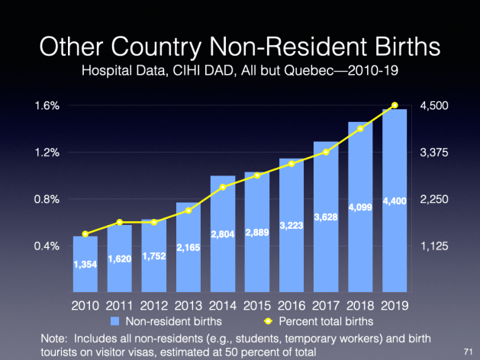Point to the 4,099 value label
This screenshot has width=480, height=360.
(x=360, y=207)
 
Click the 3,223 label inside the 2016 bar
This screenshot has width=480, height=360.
(x=292, y=227)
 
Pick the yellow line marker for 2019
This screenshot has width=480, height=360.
(x=395, y=105)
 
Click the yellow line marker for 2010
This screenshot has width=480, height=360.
(x=85, y=234)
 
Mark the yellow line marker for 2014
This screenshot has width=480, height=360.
(x=223, y=188)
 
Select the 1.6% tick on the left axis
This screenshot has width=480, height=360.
(x=47, y=106)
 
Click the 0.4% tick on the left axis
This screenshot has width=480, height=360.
(x=47, y=246)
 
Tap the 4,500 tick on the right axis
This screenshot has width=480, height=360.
(x=433, y=106)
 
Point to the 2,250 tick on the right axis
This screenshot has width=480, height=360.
(x=433, y=200)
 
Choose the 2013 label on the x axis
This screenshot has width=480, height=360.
(x=188, y=305)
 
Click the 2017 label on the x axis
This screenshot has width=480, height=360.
(x=326, y=305)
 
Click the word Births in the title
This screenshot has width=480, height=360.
(x=401, y=47)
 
